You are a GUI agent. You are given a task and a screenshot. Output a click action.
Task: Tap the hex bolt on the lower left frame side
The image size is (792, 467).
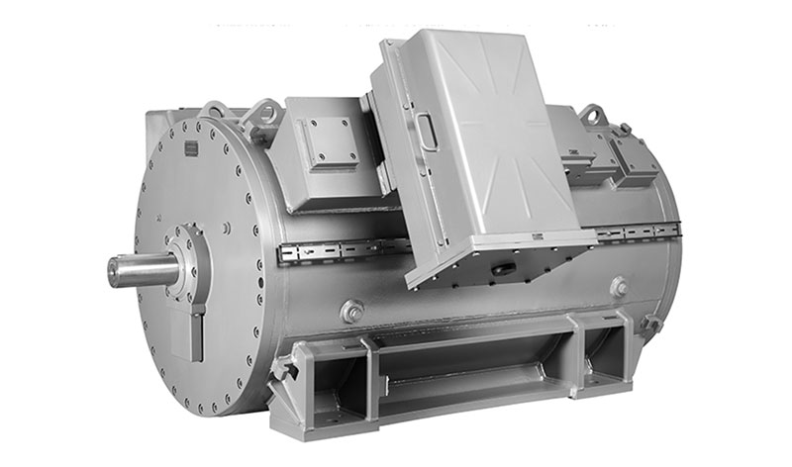pos(351,312)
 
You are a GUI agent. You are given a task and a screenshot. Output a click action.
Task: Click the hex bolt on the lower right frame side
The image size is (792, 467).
pos(620,288)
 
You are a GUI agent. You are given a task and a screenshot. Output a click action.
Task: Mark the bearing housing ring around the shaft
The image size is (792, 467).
pos(188,262)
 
